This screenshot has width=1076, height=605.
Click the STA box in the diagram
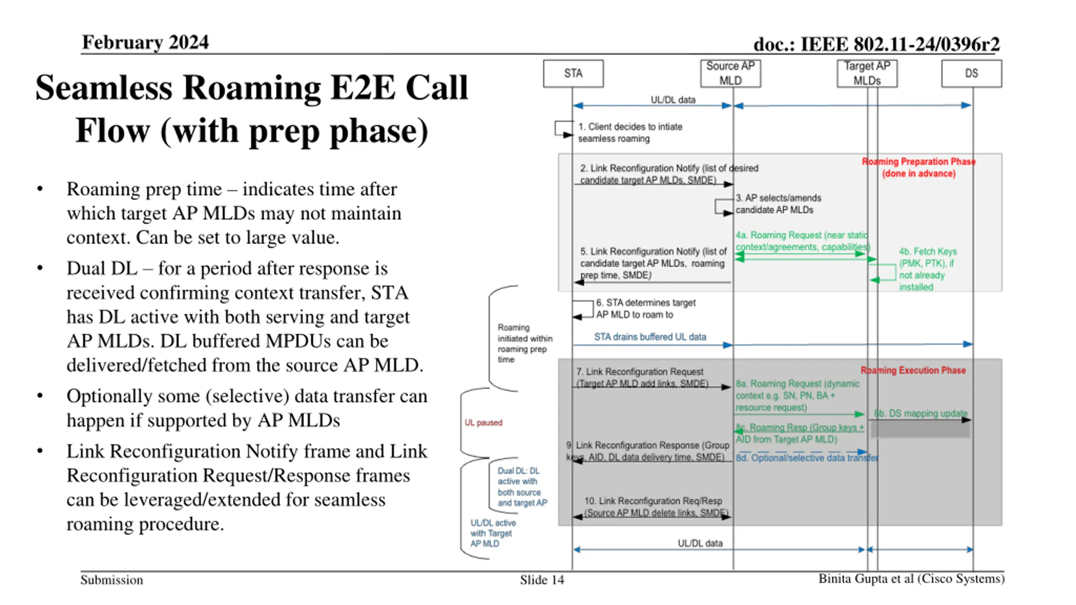click(x=573, y=74)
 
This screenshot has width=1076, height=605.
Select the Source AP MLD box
click(x=730, y=74)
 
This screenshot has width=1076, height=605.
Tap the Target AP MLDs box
click(x=867, y=74)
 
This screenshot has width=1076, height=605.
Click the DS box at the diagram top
click(x=971, y=74)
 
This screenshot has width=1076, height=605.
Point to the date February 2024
click(x=145, y=42)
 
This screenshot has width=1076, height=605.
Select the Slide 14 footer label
click(x=541, y=580)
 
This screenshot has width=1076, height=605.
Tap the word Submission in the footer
click(x=112, y=580)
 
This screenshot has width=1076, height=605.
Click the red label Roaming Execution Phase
click(x=913, y=370)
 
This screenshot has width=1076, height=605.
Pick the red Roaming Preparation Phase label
click(x=918, y=167)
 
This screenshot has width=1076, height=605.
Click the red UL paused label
click(x=483, y=422)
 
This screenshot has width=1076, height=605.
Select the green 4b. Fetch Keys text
click(x=928, y=269)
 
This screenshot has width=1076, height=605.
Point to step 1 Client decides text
click(x=630, y=132)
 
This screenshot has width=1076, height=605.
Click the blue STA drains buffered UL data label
click(x=650, y=337)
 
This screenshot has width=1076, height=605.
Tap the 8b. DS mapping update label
click(x=920, y=413)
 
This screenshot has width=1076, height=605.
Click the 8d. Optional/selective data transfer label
click(x=807, y=458)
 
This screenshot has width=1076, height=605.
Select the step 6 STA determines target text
click(x=646, y=308)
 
